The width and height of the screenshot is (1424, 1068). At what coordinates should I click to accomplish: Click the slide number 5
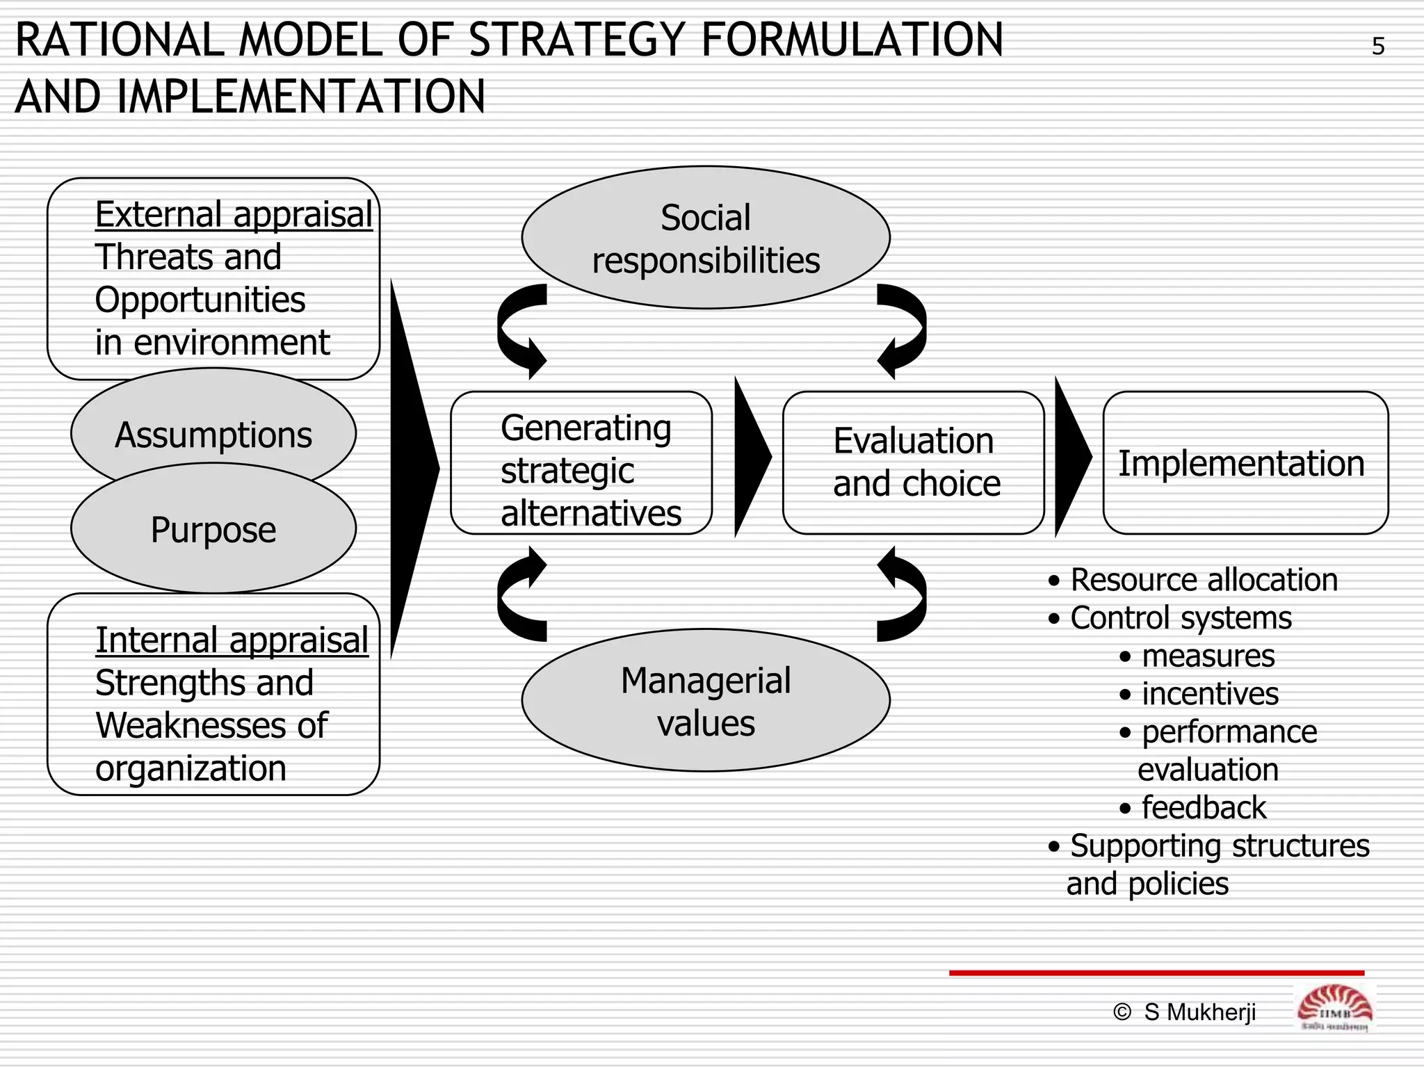1377,47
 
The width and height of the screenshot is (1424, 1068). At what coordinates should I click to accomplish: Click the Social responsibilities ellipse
706,238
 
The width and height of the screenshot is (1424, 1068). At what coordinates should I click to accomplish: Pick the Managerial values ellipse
706,701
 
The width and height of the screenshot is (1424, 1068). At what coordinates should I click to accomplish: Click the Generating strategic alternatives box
581,463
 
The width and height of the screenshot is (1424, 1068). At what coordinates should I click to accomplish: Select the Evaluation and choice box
914,463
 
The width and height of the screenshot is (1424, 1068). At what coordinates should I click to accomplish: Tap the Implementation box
1245,463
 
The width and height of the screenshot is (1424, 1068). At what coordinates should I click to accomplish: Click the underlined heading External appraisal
234,214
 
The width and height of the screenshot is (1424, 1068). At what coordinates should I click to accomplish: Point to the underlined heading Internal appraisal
232,640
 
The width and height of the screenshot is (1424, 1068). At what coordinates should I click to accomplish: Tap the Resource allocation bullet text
1204,580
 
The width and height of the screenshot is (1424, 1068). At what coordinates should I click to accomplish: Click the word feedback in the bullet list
1204,808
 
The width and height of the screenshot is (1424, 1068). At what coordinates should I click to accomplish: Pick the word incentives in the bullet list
1210,694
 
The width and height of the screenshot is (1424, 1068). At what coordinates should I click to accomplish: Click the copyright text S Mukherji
1199,1012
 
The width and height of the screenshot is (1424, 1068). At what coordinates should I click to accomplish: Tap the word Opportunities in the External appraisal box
200,300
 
